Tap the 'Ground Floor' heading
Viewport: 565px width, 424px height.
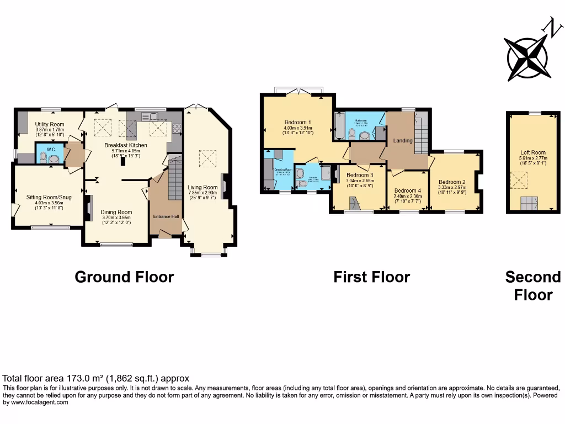click(x=124, y=277)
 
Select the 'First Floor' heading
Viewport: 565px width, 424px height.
click(x=371, y=277)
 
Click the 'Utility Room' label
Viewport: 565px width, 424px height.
click(x=50, y=124)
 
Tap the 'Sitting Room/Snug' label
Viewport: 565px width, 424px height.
click(x=49, y=197)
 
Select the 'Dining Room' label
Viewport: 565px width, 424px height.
click(x=116, y=212)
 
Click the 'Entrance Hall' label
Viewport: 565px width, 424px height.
click(x=166, y=216)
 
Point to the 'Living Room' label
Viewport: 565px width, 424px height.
click(x=202, y=187)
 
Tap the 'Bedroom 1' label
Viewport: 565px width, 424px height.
click(x=298, y=123)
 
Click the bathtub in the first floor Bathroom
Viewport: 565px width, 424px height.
click(x=339, y=125)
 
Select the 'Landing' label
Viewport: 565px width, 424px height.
click(x=403, y=141)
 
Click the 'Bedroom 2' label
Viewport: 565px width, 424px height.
click(x=452, y=182)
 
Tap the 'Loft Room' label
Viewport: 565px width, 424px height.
click(x=533, y=152)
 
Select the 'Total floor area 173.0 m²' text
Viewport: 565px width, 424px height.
click(x=96, y=379)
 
